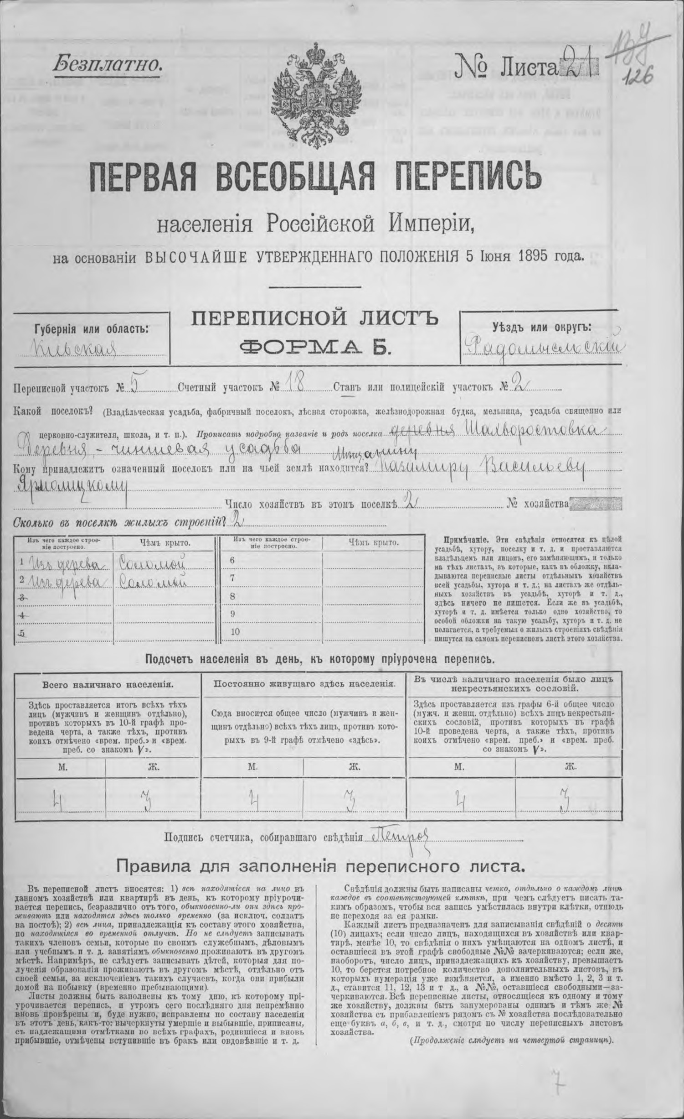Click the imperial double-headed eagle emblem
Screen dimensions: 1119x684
point(316,94)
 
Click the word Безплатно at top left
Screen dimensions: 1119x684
point(108,64)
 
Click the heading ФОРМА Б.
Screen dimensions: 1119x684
point(314,347)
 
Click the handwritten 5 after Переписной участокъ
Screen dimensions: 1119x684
point(134,386)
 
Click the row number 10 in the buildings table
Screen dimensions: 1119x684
point(235,632)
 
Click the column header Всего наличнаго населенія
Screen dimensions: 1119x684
point(107,684)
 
